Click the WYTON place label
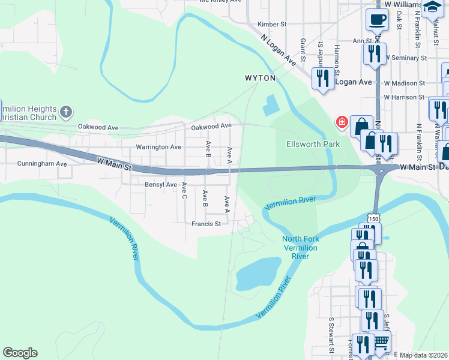pyautogui.click(x=260, y=78)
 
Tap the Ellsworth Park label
pyautogui.click(x=313, y=144)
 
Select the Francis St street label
pyautogui.click(x=206, y=224)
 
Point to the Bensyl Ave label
pyautogui.click(x=161, y=185)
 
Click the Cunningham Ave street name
pyautogui.click(x=42, y=163)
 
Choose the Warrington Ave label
pyautogui.click(x=158, y=147)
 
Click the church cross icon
pyautogui.click(x=66, y=112)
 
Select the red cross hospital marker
pyautogui.click(x=342, y=122)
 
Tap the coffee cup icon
pyautogui.click(x=376, y=20)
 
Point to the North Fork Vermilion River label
pyautogui.click(x=300, y=248)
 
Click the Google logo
pyautogui.click(x=20, y=353)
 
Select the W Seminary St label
pyautogui.click(x=406, y=58)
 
